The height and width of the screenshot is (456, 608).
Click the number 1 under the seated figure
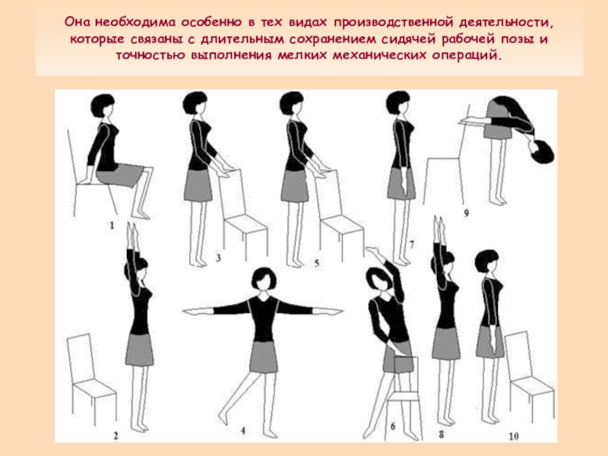pyautogui.click(x=112, y=225)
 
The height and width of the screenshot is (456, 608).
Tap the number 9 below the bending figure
pyautogui.click(x=466, y=213)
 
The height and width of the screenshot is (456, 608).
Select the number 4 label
pyautogui.click(x=243, y=430)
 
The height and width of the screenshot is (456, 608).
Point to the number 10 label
pyautogui.click(x=514, y=436)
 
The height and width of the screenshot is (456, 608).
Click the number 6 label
pyautogui.click(x=393, y=427)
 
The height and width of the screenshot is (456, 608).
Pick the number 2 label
pyautogui.click(x=116, y=435)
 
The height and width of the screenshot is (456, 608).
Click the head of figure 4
pyautogui.click(x=264, y=278)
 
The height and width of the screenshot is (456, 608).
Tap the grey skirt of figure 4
pyautogui.click(x=264, y=356)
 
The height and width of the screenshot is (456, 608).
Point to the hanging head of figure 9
pyautogui.click(x=542, y=151)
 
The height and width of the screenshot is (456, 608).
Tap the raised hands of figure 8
pyautogui.click(x=439, y=230)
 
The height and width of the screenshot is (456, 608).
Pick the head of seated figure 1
pyautogui.click(x=103, y=106)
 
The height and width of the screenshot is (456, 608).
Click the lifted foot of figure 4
pyautogui.click(x=223, y=418)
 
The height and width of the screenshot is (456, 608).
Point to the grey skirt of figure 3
pyautogui.click(x=198, y=185)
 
